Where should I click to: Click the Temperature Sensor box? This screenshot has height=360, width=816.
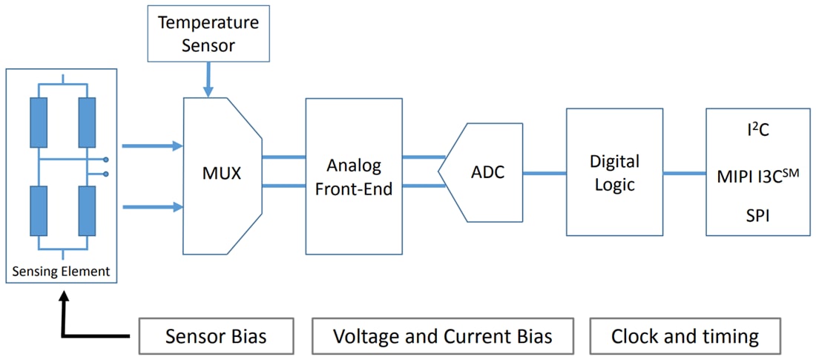(x=208, y=33)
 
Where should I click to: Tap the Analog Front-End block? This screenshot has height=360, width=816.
(x=353, y=176)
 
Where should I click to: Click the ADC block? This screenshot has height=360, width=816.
(x=487, y=172)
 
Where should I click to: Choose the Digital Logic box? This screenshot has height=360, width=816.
(x=613, y=172)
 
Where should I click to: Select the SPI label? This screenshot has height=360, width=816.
(x=757, y=215)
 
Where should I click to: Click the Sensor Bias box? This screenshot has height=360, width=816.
(x=216, y=336)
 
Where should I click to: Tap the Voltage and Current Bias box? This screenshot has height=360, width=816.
(x=443, y=336)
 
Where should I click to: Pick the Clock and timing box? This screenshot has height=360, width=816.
(x=685, y=336)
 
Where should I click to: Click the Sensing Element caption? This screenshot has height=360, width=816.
(x=61, y=272)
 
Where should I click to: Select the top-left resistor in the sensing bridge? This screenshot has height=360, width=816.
(x=39, y=122)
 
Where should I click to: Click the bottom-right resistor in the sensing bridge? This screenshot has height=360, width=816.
(x=88, y=212)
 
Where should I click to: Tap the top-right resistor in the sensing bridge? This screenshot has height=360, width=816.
(x=88, y=122)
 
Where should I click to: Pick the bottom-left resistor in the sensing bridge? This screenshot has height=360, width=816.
(x=39, y=212)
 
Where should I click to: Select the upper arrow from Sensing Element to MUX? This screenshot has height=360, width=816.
(x=151, y=146)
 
